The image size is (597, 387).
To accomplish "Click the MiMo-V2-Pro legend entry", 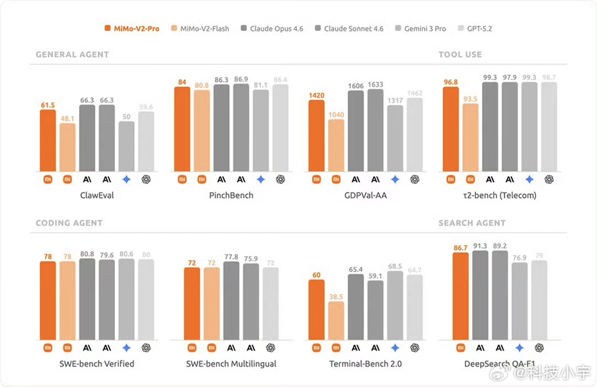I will (132, 28).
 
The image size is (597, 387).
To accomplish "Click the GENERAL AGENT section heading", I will (72, 55).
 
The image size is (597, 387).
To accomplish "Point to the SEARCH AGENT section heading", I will (472, 223).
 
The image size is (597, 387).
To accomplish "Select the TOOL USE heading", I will (460, 55).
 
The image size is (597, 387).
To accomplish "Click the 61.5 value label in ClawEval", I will (48, 105).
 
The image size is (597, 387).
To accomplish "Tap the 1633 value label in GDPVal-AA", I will (375, 84).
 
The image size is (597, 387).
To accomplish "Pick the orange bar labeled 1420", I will (317, 135).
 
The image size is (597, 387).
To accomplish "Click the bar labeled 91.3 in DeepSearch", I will (480, 295).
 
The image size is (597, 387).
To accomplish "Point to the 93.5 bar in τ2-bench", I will (470, 137).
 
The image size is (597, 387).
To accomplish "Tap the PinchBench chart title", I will (231, 195).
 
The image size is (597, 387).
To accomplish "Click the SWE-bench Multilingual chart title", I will (231, 364).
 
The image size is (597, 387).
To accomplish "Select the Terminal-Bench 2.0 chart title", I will (365, 364).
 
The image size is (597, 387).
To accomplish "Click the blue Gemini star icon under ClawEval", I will (127, 179).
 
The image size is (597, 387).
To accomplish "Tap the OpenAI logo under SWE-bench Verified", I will (146, 348).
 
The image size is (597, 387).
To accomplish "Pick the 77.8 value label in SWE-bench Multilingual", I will (231, 257).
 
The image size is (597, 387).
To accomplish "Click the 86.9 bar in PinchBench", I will (241, 128).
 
